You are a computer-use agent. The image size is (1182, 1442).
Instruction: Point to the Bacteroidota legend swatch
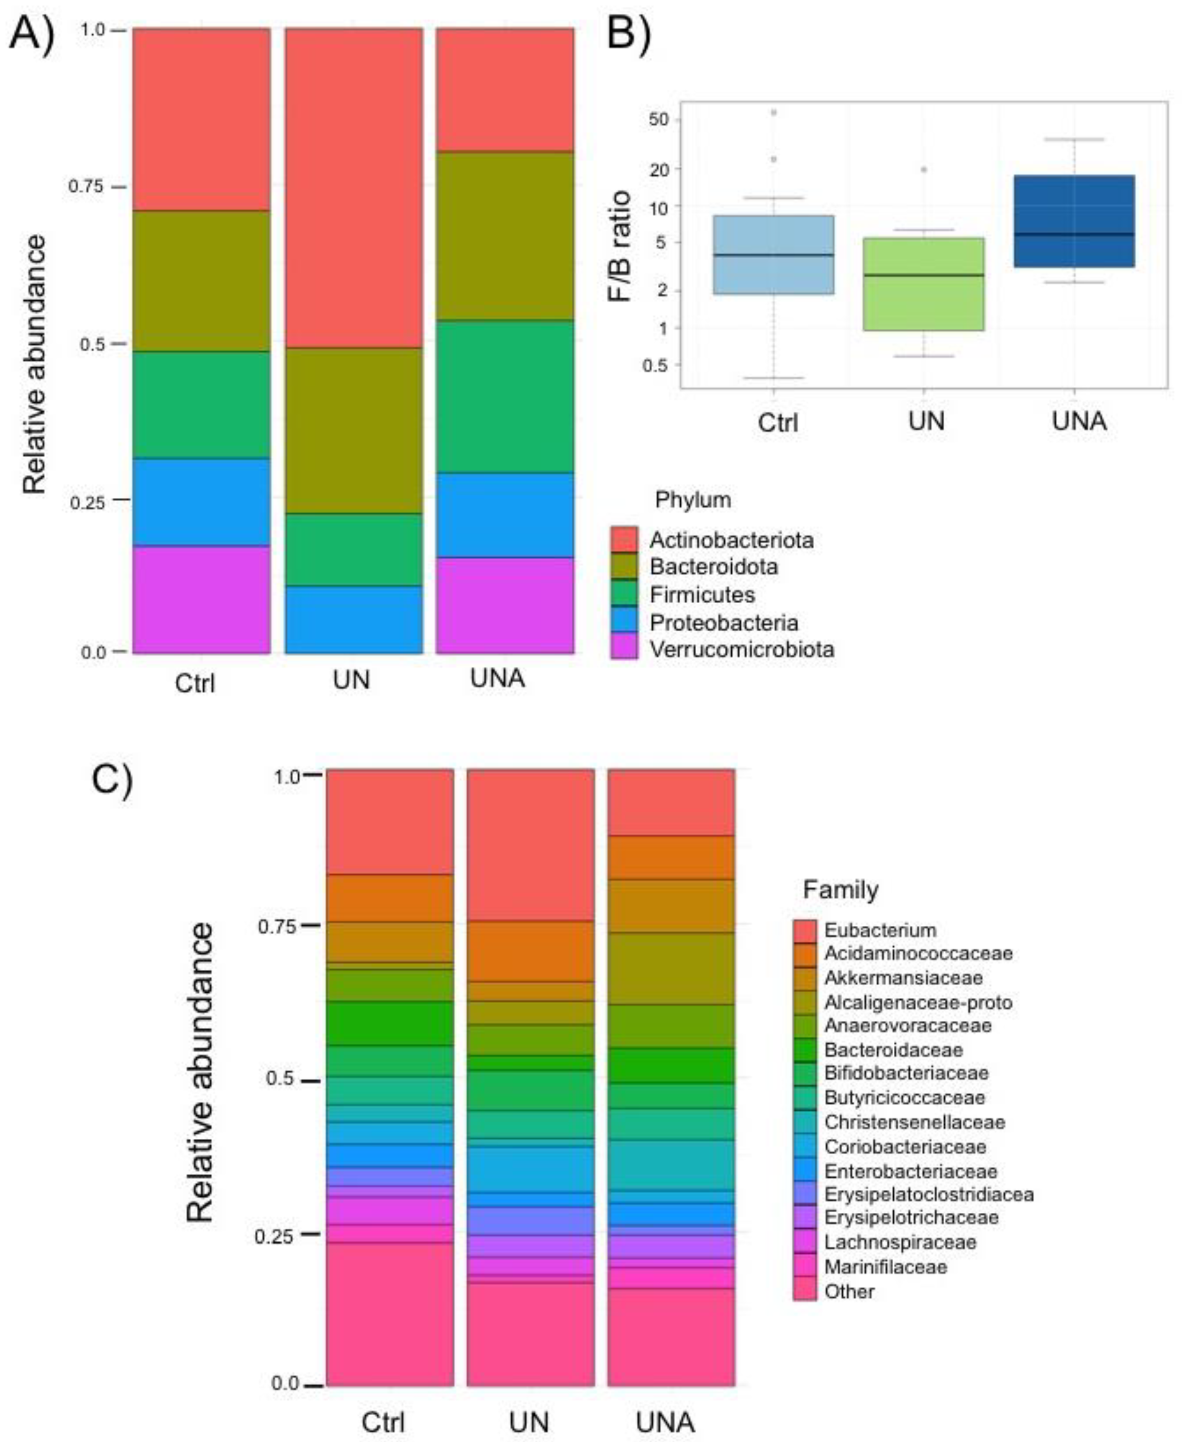pyautogui.click(x=624, y=566)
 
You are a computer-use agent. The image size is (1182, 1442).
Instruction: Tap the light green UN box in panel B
pyautogui.click(x=923, y=284)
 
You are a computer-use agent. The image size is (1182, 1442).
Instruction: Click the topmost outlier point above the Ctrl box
pyautogui.click(x=774, y=113)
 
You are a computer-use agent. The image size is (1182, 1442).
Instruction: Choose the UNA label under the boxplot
pyautogui.click(x=1079, y=421)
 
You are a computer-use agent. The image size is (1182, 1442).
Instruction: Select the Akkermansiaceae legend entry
pyautogui.click(x=903, y=978)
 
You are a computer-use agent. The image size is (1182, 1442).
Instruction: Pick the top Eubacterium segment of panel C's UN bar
pyautogui.click(x=531, y=844)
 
